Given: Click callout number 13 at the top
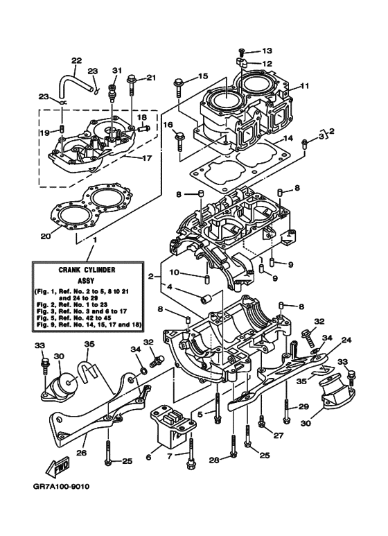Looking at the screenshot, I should coord(267,51).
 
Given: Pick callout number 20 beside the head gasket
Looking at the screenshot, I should coord(45,236).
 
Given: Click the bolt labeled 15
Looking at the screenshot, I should coord(179,85).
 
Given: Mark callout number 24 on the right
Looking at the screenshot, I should coord(346,340).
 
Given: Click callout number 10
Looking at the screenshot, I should coord(175,273).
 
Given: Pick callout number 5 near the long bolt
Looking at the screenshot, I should coord(200,415).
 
